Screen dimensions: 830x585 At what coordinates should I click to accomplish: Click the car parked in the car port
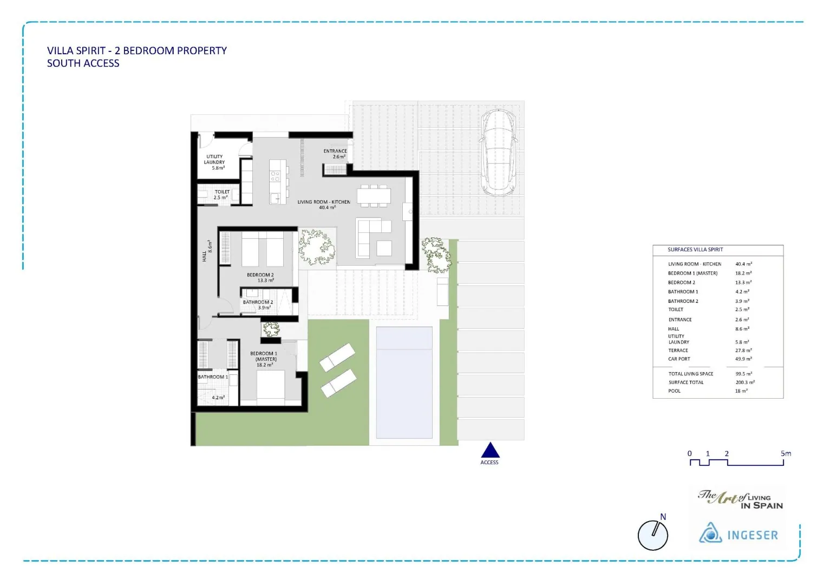click(x=498, y=152)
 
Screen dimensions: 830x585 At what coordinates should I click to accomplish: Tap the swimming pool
click(x=404, y=382)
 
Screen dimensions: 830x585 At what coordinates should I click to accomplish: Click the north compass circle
click(x=652, y=535)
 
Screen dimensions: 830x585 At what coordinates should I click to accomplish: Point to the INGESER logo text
click(x=753, y=535)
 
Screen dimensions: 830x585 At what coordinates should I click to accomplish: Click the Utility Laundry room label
click(x=214, y=162)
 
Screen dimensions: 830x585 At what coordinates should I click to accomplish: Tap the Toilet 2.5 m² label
click(x=221, y=194)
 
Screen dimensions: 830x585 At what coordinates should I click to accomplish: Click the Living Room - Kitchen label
click(x=324, y=205)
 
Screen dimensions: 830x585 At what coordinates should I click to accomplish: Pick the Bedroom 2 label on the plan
click(x=260, y=278)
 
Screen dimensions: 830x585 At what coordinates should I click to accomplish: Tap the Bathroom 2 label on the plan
click(x=258, y=305)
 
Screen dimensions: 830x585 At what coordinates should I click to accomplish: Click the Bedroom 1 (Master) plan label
click(x=264, y=359)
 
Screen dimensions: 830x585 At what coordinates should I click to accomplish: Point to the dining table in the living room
click(x=374, y=196)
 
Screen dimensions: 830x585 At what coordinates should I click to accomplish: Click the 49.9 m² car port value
click(x=743, y=359)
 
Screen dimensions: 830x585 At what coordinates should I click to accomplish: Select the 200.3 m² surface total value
click(x=745, y=382)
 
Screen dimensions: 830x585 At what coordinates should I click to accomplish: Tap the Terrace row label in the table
click(x=678, y=350)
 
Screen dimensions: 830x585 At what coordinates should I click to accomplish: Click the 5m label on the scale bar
click(x=786, y=453)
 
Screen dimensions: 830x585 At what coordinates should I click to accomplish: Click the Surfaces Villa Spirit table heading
click(x=695, y=250)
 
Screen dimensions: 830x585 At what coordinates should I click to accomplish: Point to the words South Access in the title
click(x=83, y=63)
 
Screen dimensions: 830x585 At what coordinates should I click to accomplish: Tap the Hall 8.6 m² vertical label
click(x=207, y=251)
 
